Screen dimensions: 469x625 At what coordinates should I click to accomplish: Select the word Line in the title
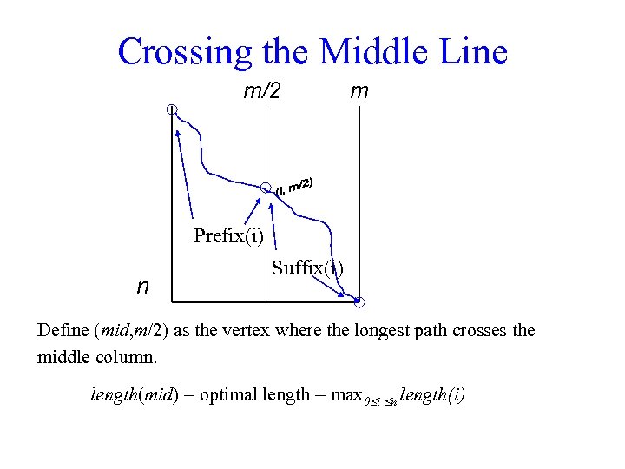click(x=472, y=52)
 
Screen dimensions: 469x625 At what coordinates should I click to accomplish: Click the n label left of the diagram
click(x=142, y=287)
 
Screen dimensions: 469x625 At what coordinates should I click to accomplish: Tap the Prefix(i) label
click(x=229, y=236)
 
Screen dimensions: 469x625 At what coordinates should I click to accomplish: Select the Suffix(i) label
click(x=306, y=268)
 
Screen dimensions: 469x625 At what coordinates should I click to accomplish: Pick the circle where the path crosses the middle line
click(x=266, y=187)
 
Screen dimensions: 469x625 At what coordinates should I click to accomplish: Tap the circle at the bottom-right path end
click(x=360, y=303)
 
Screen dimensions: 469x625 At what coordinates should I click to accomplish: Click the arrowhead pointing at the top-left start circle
click(x=178, y=133)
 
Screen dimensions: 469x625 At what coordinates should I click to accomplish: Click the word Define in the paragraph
click(x=63, y=331)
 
